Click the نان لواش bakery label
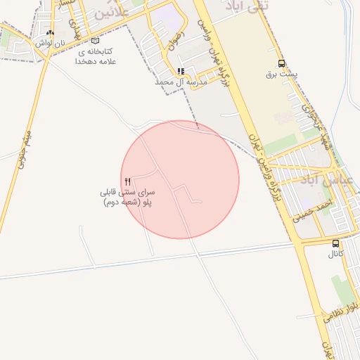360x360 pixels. tap(51, 44)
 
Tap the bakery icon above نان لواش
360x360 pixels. tap(50, 33)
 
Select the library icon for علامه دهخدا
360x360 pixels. tap(96, 41)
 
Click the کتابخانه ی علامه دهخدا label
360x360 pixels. tap(96, 56)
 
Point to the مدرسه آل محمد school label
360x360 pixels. tap(181, 82)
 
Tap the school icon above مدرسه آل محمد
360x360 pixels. tap(181, 71)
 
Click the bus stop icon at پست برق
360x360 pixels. tap(282, 63)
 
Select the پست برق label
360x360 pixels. tap(282, 74)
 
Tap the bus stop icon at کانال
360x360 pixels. tap(335, 243)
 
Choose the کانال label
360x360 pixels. tap(335, 254)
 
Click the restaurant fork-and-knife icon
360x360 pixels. tap(127, 181)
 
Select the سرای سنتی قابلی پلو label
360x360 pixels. tap(128, 197)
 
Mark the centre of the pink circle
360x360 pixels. tap(180, 179)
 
